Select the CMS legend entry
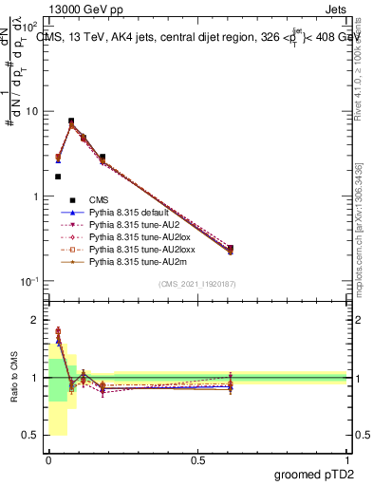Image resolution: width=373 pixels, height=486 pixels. point(100,199)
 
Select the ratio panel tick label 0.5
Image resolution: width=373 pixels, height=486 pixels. point(31,436)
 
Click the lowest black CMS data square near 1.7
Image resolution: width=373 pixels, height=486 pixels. point(58,177)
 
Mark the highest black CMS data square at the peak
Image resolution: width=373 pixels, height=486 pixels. point(71,121)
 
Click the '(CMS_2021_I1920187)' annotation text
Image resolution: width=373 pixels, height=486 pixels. point(197,285)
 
